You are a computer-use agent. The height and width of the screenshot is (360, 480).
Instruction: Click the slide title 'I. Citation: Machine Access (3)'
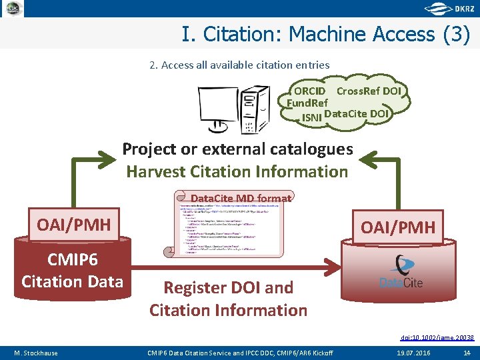325,34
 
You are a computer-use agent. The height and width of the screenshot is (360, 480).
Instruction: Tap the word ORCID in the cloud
309,91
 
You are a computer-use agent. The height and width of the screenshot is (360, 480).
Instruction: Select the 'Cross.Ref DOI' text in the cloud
369,91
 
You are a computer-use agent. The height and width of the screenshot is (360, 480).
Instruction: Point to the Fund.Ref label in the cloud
307,103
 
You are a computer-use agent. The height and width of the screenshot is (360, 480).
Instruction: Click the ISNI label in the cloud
311,117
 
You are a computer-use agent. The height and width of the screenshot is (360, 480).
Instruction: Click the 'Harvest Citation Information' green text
237,171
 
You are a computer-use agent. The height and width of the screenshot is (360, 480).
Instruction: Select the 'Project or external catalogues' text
237,149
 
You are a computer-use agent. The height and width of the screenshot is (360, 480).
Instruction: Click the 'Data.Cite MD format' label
241,198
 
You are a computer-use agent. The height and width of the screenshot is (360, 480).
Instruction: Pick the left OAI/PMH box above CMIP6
74,225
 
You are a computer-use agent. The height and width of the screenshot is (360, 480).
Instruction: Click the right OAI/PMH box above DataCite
397,228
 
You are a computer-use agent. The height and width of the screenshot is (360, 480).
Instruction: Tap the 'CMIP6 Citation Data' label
72,270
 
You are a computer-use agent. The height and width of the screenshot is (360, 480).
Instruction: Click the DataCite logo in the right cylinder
401,273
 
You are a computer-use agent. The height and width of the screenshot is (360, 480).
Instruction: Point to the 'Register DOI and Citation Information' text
229,299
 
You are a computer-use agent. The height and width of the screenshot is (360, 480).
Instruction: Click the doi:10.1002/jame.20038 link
437,338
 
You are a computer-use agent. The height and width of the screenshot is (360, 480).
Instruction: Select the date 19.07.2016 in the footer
414,352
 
